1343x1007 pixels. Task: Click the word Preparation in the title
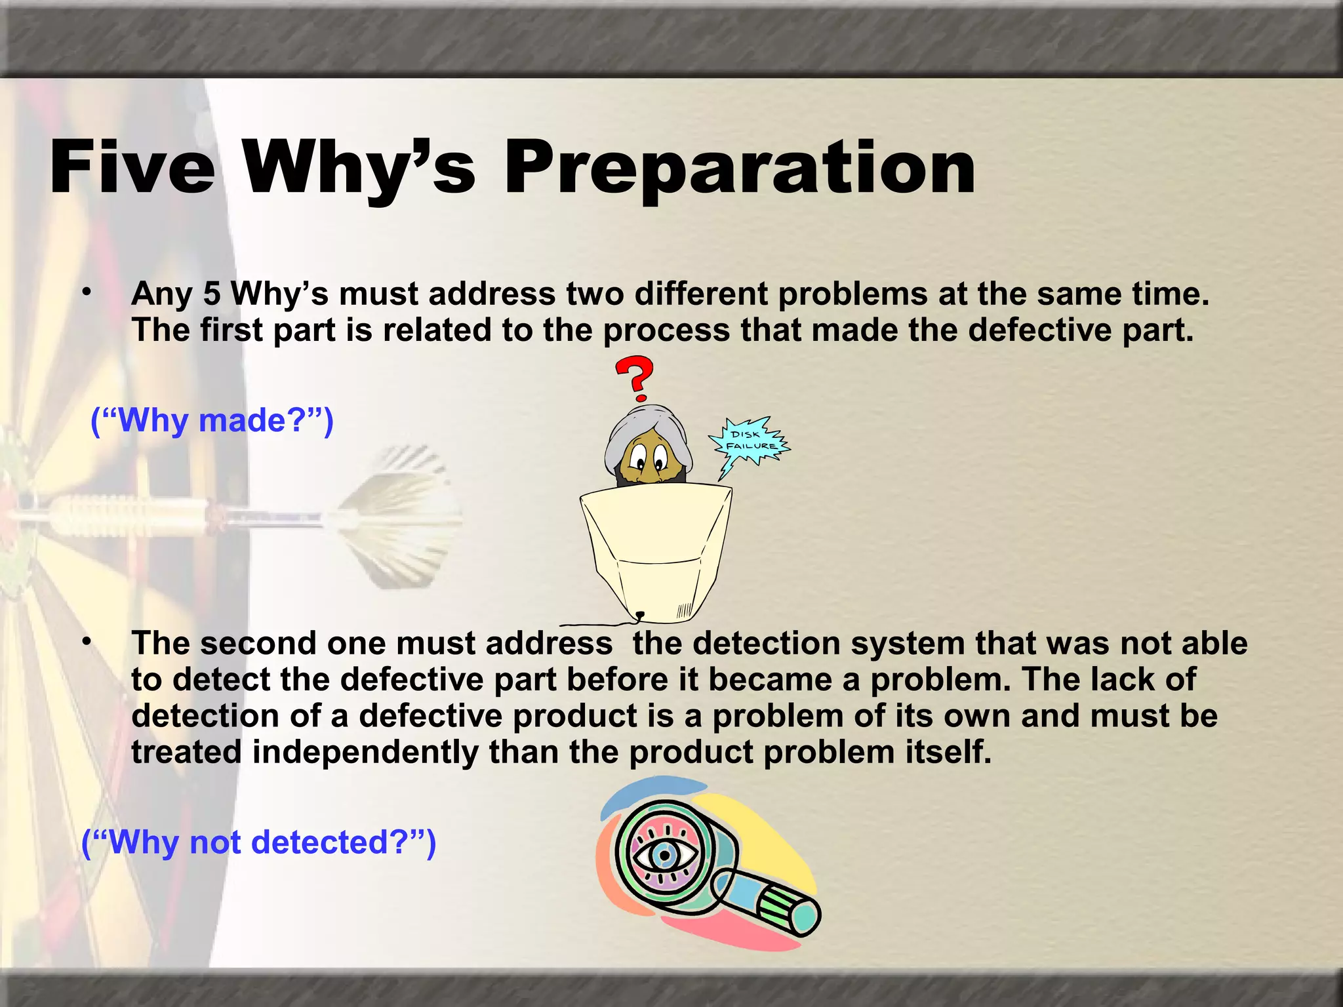point(739,168)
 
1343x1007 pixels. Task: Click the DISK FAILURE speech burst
point(750,441)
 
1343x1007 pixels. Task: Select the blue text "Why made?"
point(212,420)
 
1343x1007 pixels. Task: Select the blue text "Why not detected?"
point(258,842)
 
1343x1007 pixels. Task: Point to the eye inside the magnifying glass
point(664,855)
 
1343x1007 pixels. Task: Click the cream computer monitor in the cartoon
point(656,551)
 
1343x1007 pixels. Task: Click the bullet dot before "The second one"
point(86,642)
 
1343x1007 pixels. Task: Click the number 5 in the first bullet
point(211,294)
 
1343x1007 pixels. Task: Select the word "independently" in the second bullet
point(365,752)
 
